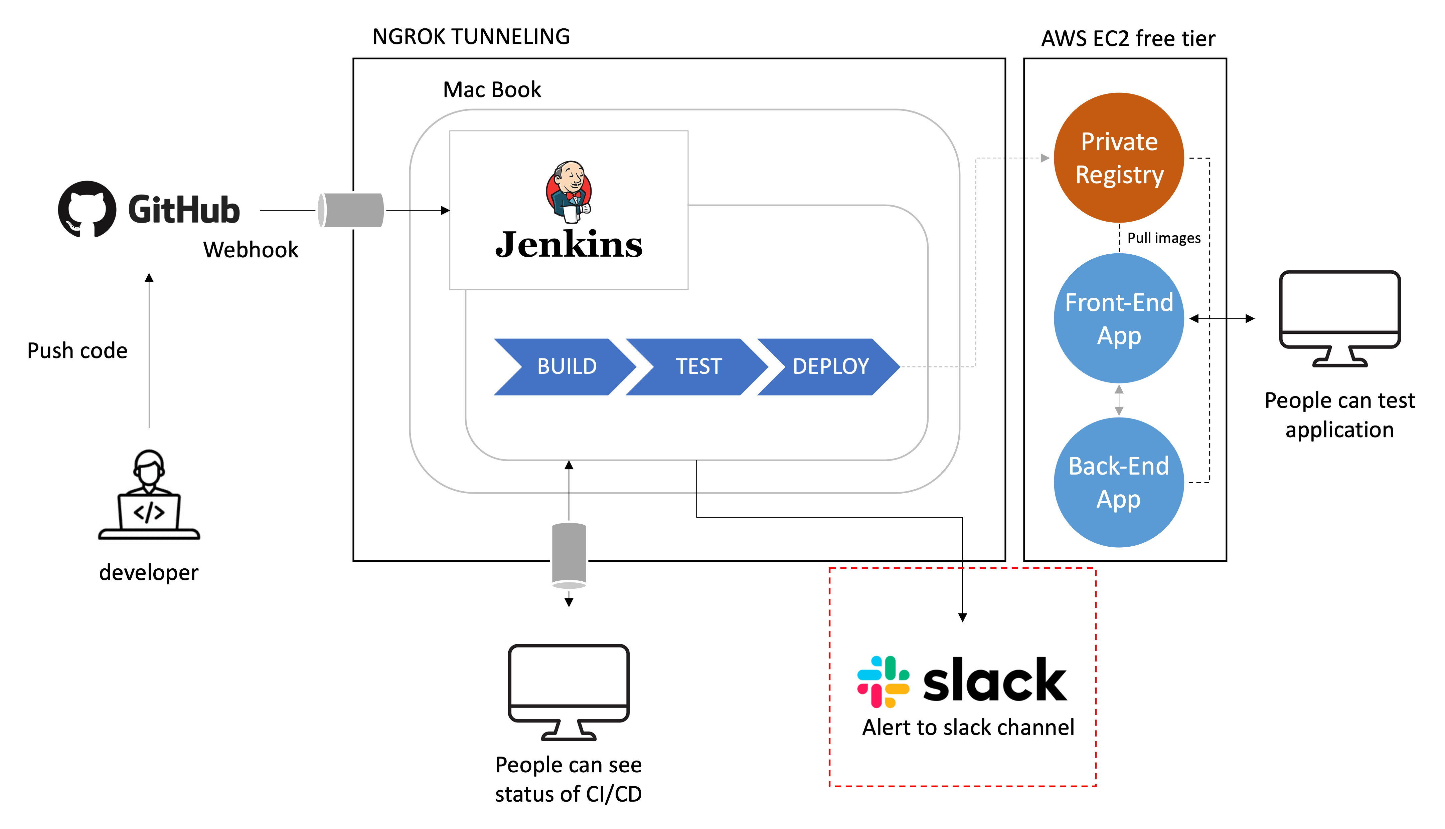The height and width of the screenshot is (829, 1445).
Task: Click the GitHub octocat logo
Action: coord(87,209)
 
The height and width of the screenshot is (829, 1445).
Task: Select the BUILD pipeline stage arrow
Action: coord(564,367)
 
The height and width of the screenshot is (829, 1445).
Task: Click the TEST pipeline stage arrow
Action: coord(696,367)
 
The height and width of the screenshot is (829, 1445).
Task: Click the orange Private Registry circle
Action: coord(1119,158)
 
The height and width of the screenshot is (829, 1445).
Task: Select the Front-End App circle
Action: coord(1119,319)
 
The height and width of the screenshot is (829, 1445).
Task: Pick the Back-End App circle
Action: coord(1119,482)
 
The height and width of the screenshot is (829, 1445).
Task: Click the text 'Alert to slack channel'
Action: coord(968,728)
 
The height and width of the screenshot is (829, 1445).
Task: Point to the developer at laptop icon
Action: coord(149,494)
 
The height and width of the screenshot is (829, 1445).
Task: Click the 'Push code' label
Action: coord(77,351)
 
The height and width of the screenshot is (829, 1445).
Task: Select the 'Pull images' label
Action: coord(1163,238)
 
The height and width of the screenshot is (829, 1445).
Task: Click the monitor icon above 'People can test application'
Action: coord(1339,319)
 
